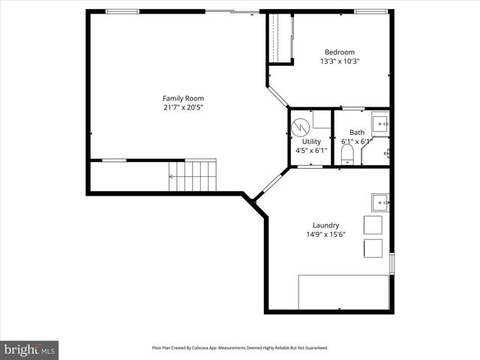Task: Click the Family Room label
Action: point(183,98)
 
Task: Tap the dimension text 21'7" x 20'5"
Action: point(183,107)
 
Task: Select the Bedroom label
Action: point(339,52)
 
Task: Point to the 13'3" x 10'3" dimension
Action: point(339,61)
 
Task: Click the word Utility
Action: point(311,141)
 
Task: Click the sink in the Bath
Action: point(382,122)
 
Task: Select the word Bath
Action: point(356,133)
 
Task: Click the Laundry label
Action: point(325,225)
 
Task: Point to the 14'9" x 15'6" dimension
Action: point(325,234)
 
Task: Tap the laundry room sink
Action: point(380,202)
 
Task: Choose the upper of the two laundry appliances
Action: point(373,226)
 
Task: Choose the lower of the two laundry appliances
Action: point(373,249)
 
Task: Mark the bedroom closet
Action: point(281,40)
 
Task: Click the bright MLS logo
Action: point(30,349)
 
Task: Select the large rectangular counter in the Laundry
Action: point(343,291)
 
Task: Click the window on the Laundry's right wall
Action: point(391,264)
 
